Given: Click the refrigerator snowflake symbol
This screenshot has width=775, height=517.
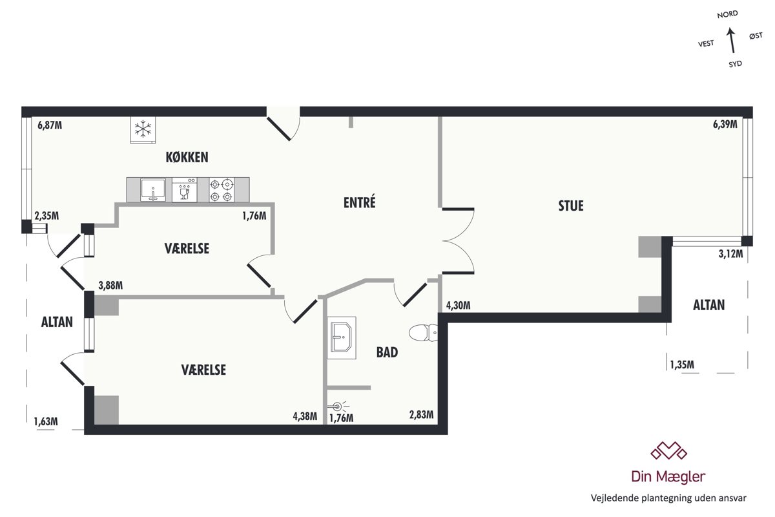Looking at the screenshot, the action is (x=143, y=129).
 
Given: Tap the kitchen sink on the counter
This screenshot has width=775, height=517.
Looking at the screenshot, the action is (x=153, y=190).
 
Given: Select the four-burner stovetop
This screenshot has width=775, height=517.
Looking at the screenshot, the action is (x=222, y=190).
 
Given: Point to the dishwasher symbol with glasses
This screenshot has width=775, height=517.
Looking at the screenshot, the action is (x=185, y=190).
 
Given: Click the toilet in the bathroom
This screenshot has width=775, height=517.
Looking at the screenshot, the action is (x=423, y=333).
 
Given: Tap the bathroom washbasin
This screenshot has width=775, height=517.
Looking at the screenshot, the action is (x=342, y=337).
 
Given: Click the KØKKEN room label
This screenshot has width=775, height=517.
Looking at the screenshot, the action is (x=187, y=158).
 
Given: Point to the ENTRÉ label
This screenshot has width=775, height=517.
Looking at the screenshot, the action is (x=359, y=202).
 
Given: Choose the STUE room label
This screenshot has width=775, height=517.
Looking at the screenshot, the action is (x=571, y=206).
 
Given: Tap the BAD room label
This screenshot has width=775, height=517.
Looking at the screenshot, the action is (x=387, y=352).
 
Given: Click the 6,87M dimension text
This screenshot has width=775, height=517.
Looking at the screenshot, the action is (x=50, y=125).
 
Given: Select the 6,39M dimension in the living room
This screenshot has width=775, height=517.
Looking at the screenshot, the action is (x=725, y=124).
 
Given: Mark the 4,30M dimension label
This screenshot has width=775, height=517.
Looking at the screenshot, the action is (x=458, y=306).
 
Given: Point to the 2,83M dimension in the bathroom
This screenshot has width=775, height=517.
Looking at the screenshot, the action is (x=421, y=414).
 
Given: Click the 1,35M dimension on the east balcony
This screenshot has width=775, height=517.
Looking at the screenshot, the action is (x=682, y=364).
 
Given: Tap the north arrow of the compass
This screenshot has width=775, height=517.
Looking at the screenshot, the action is (x=731, y=41).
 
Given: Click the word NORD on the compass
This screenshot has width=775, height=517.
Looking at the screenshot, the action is (x=727, y=15).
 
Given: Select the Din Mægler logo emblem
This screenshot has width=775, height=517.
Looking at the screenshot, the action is (x=668, y=450).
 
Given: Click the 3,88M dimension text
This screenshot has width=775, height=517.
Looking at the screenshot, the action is (x=110, y=286).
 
